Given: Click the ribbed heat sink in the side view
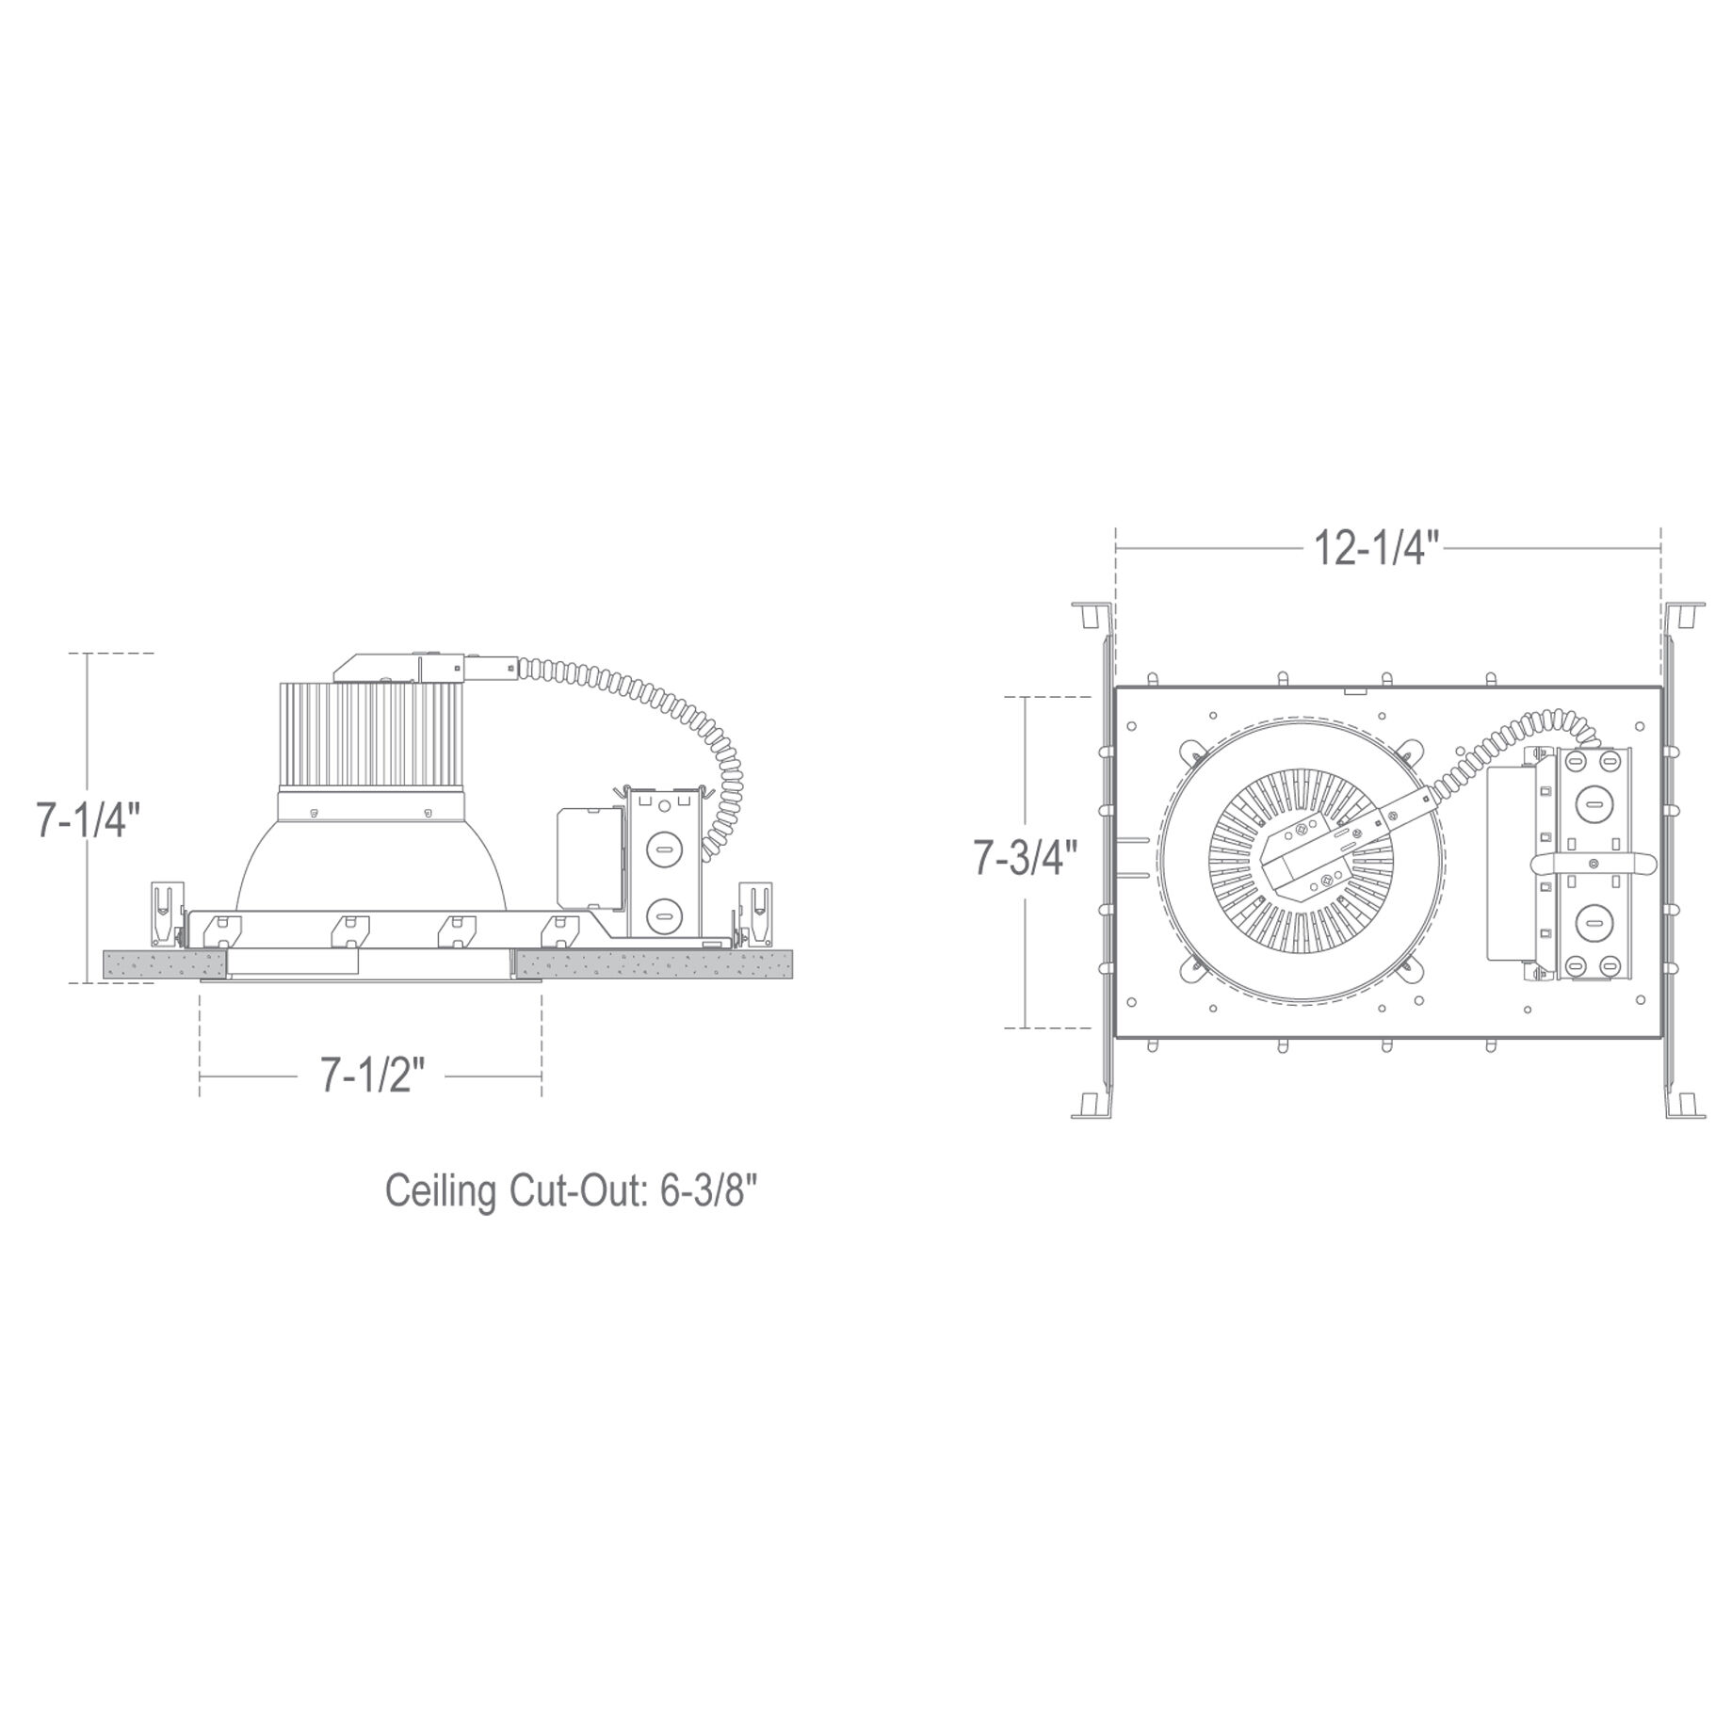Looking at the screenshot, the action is (369, 736).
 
